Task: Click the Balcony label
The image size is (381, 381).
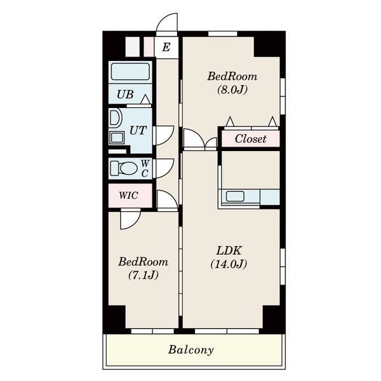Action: tap(190, 350)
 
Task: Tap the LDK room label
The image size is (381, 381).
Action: tap(229, 251)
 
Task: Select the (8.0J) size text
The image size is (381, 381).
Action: tap(232, 90)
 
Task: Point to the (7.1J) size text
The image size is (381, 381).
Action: tap(144, 276)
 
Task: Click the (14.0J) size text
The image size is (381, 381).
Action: tap(229, 264)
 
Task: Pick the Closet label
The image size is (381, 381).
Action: tap(251, 138)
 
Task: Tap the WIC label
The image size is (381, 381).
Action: tap(128, 196)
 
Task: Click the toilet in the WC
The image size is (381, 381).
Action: tap(124, 168)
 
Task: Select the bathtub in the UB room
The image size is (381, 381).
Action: tap(130, 71)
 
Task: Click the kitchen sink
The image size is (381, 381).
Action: tap(235, 196)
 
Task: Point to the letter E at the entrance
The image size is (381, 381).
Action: tap(166, 47)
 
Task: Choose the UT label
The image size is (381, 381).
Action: tap(138, 130)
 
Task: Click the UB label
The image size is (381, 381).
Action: tap(125, 94)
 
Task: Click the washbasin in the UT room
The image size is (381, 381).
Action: tap(115, 118)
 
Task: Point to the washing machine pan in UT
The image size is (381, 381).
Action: tap(117, 138)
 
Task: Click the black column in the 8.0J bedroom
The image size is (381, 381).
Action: tap(267, 46)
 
